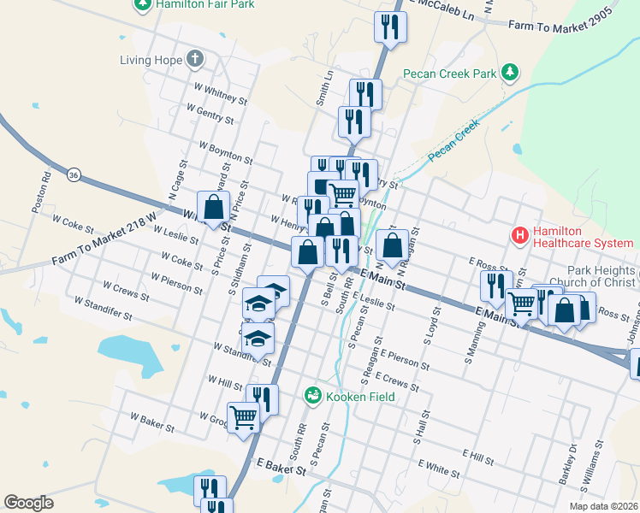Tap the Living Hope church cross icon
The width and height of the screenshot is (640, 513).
click(x=195, y=60)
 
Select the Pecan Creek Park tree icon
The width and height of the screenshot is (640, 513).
click(x=511, y=71)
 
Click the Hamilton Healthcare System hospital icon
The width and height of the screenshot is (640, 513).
click(x=518, y=233)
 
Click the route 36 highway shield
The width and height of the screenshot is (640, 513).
click(x=74, y=174)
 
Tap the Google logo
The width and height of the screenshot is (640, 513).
click(x=28, y=503)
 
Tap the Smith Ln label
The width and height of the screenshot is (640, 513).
click(x=325, y=88)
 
